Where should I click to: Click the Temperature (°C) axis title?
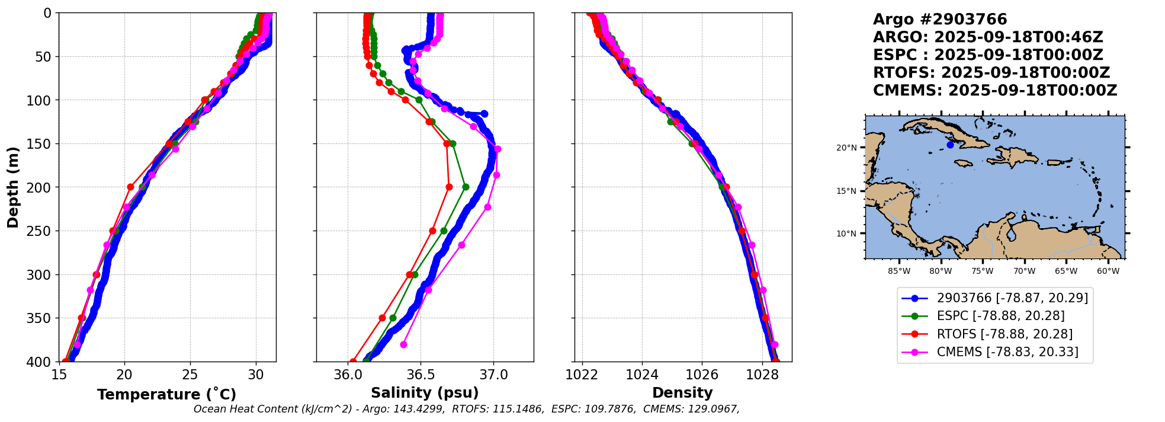point(166,394)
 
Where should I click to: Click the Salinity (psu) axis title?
point(425,393)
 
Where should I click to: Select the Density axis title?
point(682,393)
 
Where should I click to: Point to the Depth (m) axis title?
point(13,187)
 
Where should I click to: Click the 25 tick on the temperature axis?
point(190,375)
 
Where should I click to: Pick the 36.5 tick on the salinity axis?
point(421,375)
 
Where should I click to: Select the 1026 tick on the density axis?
point(702,375)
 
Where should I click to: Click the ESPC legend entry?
point(1000,316)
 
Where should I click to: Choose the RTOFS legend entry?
point(1004,334)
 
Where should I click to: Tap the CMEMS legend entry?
point(1007,352)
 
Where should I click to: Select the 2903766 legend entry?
point(1012,298)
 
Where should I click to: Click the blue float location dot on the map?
point(950,145)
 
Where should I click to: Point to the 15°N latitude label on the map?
point(846,191)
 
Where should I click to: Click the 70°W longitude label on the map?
point(1024,271)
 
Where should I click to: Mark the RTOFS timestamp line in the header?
point(991,73)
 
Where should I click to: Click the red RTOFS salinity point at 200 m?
point(449,187)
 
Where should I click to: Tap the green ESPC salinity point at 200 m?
point(466,187)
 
